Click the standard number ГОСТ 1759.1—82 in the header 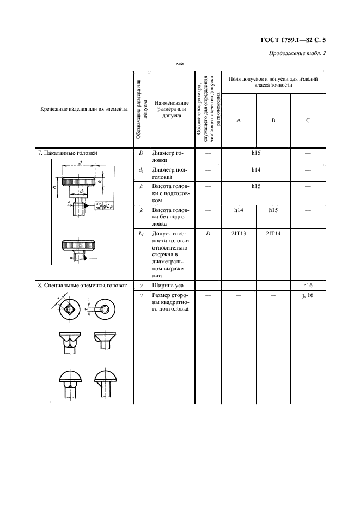coord(283,40)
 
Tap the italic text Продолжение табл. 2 coord(297,53)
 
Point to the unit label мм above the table coord(180,64)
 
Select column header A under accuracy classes coord(239,120)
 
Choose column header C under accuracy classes coord(308,120)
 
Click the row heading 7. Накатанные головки coord(68,153)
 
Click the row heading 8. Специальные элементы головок coord(83,286)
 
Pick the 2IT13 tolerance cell coord(239,234)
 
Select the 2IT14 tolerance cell coord(273,234)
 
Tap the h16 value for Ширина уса coord(308,286)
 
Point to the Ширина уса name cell coord(168,286)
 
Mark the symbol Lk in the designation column coord(141,234)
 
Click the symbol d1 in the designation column coord(141,170)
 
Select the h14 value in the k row coord(239,210)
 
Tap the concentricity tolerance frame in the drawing coord(104,205)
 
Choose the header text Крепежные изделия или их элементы coord(84,110)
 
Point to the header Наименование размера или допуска coord(172,110)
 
